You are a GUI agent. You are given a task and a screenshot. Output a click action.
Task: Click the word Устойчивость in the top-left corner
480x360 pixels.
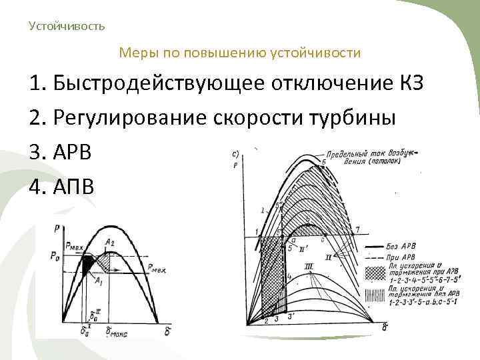pos(67,26)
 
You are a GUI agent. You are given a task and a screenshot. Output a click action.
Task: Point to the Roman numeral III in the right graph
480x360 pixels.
pos(309,267)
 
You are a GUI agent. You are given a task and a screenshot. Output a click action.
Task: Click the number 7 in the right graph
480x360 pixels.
pos(358,230)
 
